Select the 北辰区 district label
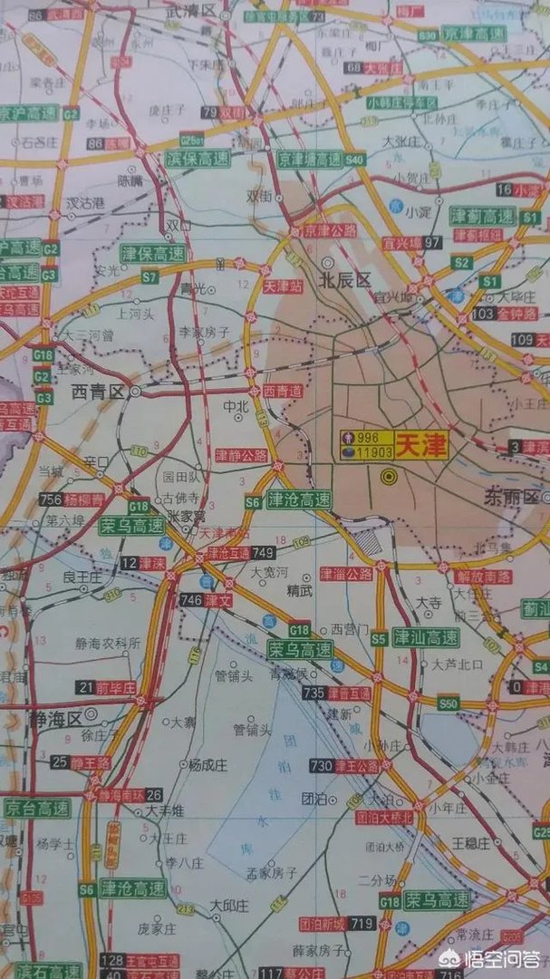pos(345,281)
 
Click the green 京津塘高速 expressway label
pos(309,159)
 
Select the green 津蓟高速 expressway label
pos(483,216)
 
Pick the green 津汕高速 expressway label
pos(426,637)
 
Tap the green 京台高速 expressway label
pos(36,807)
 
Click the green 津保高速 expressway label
pos(153,253)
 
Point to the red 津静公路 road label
pos(241,454)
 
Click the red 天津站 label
pos(282,286)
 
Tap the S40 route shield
pos(354,160)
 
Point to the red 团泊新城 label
pos(323,924)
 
